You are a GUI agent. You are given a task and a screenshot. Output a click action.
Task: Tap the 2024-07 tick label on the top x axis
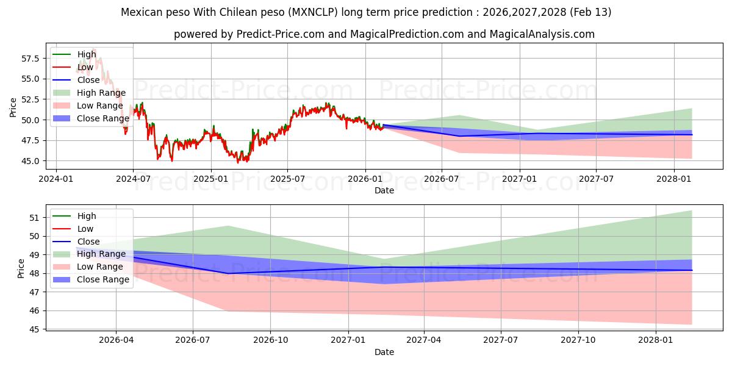[133, 179]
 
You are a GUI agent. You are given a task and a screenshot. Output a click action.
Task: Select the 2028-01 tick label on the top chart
[674, 179]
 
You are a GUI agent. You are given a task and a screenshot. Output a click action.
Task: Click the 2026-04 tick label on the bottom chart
[116, 340]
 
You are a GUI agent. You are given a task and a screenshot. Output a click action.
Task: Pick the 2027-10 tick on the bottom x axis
[578, 340]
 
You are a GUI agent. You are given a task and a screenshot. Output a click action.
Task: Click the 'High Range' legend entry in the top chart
[101, 93]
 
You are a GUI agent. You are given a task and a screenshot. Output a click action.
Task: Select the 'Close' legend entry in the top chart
[88, 80]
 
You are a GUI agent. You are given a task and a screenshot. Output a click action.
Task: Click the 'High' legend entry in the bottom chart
[87, 216]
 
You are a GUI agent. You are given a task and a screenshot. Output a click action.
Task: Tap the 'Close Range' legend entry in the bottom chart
[103, 279]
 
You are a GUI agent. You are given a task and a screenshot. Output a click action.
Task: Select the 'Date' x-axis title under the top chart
[384, 190]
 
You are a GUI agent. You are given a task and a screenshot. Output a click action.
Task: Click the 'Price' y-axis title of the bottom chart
[22, 268]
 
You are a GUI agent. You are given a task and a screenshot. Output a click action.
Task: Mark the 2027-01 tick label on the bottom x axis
[348, 340]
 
